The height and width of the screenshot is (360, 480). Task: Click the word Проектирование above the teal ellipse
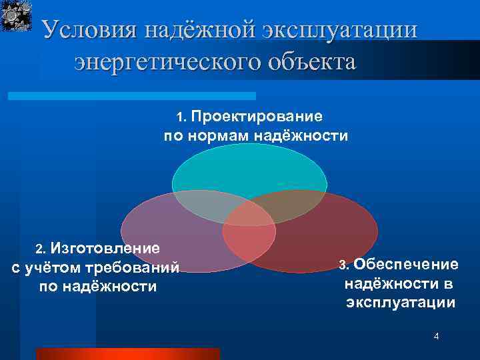pos(257,117)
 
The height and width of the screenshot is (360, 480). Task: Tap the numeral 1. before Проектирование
pos(182,117)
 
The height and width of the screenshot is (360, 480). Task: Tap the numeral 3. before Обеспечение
pos(344,265)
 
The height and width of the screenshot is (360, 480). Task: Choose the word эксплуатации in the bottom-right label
pos(401,303)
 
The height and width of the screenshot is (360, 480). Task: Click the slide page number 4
pos(436,337)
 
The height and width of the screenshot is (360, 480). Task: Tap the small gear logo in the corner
pos(17,16)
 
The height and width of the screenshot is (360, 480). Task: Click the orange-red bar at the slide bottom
pos(127,353)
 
